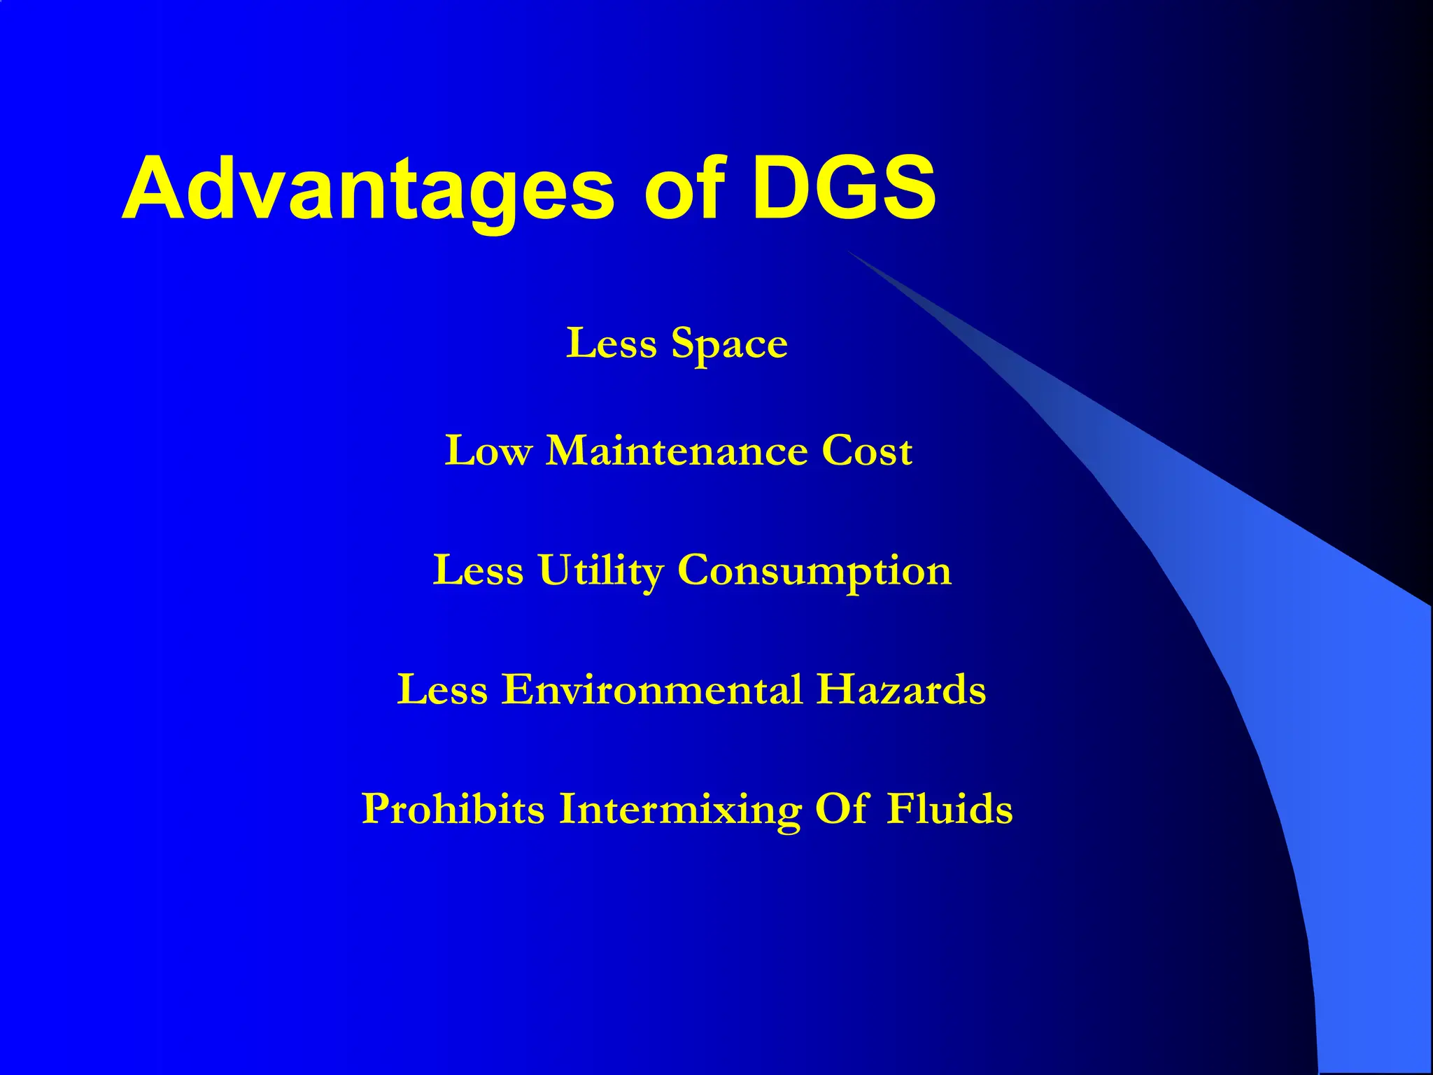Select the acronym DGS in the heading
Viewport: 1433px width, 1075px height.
tap(844, 189)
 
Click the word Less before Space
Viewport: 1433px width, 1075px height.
tap(611, 344)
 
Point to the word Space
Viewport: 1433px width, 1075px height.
tap(729, 345)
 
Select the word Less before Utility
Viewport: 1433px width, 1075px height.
tap(478, 570)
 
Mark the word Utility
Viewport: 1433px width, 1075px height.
tap(600, 571)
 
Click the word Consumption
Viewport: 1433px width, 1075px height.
tap(814, 571)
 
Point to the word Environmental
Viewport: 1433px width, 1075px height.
tap(652, 689)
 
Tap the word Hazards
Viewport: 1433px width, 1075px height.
tap(901, 689)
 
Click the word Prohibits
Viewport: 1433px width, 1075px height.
tap(453, 809)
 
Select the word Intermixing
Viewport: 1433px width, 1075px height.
tap(679, 809)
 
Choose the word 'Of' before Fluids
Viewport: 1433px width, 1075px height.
tap(842, 808)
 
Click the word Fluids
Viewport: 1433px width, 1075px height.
tap(950, 809)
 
